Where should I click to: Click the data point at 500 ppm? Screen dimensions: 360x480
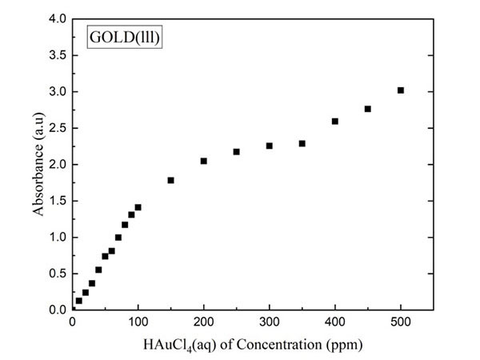401,90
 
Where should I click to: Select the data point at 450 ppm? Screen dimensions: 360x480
368,109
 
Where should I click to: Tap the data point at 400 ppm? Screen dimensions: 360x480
335,122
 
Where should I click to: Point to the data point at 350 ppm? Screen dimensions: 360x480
302,143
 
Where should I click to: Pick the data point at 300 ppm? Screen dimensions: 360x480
270,146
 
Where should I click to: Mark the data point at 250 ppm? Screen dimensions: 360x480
237,152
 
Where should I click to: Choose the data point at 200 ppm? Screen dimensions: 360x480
204,161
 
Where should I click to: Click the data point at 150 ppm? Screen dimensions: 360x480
171,180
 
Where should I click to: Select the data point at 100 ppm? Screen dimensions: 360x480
138,207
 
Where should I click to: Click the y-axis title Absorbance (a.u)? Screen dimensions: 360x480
38,164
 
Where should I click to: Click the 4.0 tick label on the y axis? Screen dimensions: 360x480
58,19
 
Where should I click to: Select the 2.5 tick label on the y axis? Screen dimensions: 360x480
58,128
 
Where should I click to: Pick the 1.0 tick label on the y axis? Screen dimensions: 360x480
58,237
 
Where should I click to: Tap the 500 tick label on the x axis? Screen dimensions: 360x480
401,323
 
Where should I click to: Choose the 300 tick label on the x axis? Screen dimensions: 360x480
270,323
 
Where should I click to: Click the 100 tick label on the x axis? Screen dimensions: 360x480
138,323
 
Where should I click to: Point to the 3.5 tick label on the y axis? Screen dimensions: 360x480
58,55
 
